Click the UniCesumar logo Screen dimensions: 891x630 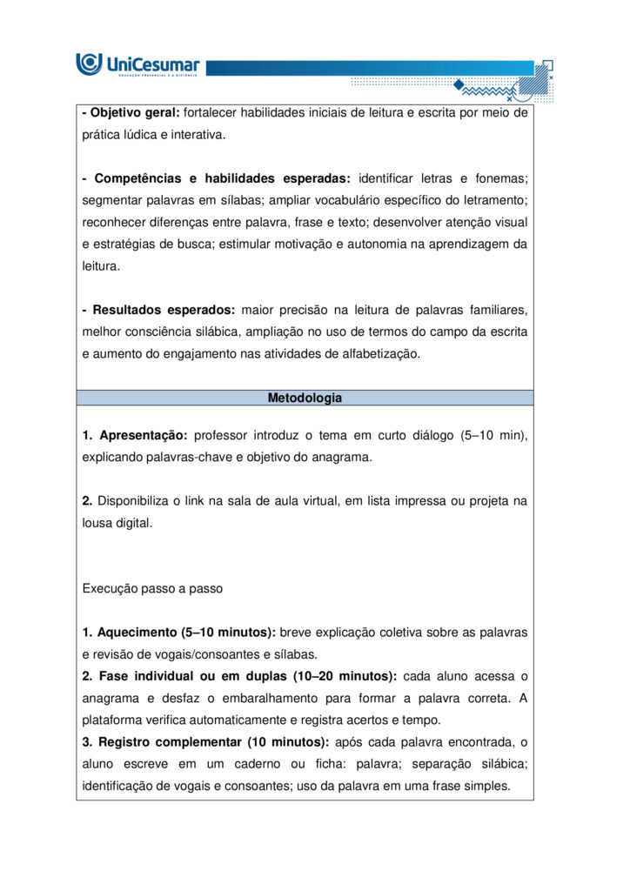pos(138,64)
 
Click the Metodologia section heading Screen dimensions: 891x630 pos(305,399)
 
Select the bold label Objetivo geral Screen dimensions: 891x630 pos(135,112)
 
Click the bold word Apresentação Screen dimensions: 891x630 pos(144,435)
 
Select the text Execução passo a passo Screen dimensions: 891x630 pos(152,588)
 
